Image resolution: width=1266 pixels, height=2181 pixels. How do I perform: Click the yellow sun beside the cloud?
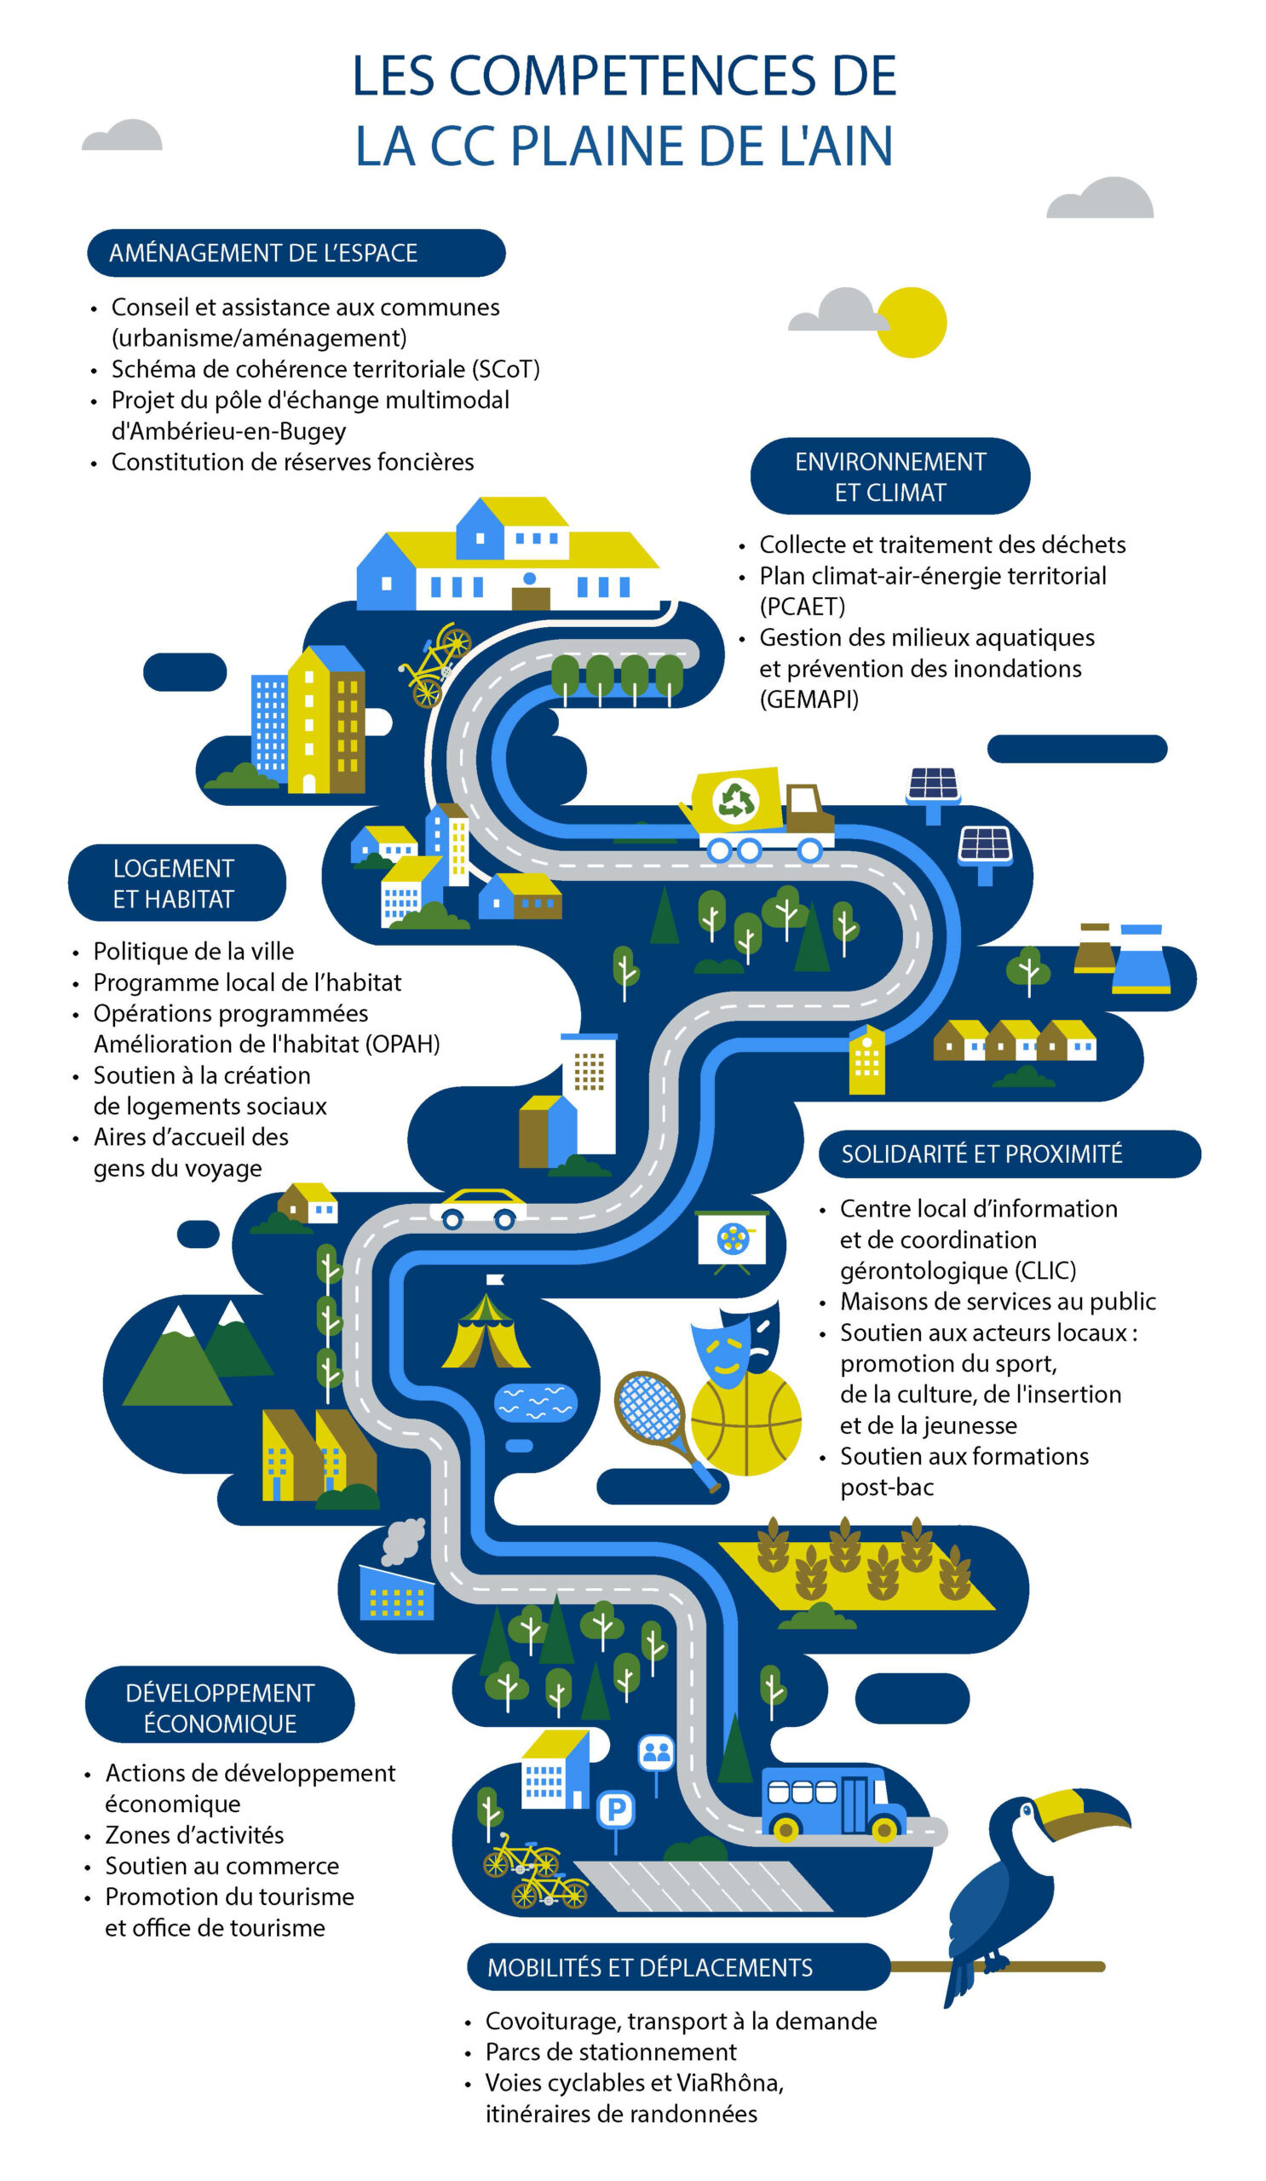pyautogui.click(x=912, y=322)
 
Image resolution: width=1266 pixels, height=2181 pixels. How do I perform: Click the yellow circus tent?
pyautogui.click(x=486, y=1332)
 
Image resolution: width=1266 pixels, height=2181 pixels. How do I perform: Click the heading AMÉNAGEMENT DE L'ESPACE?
pyautogui.click(x=263, y=253)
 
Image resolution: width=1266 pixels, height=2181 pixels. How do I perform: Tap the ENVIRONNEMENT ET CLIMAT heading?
pyautogui.click(x=890, y=477)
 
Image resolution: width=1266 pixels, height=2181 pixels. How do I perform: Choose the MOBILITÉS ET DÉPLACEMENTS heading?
pyautogui.click(x=650, y=1968)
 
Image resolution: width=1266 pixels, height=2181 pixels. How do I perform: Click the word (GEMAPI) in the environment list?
pyautogui.click(x=809, y=699)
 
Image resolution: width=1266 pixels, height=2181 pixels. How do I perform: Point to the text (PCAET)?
pyautogui.click(x=803, y=607)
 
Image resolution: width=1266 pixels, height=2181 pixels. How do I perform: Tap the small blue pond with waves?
pyautogui.click(x=535, y=1403)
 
